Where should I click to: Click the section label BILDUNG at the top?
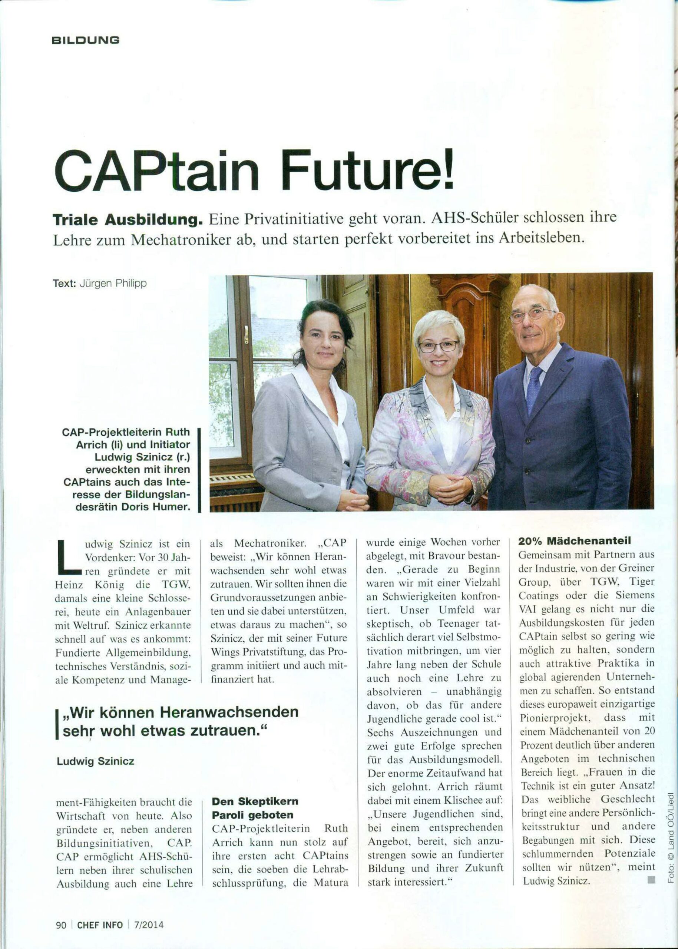[x=85, y=40]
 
